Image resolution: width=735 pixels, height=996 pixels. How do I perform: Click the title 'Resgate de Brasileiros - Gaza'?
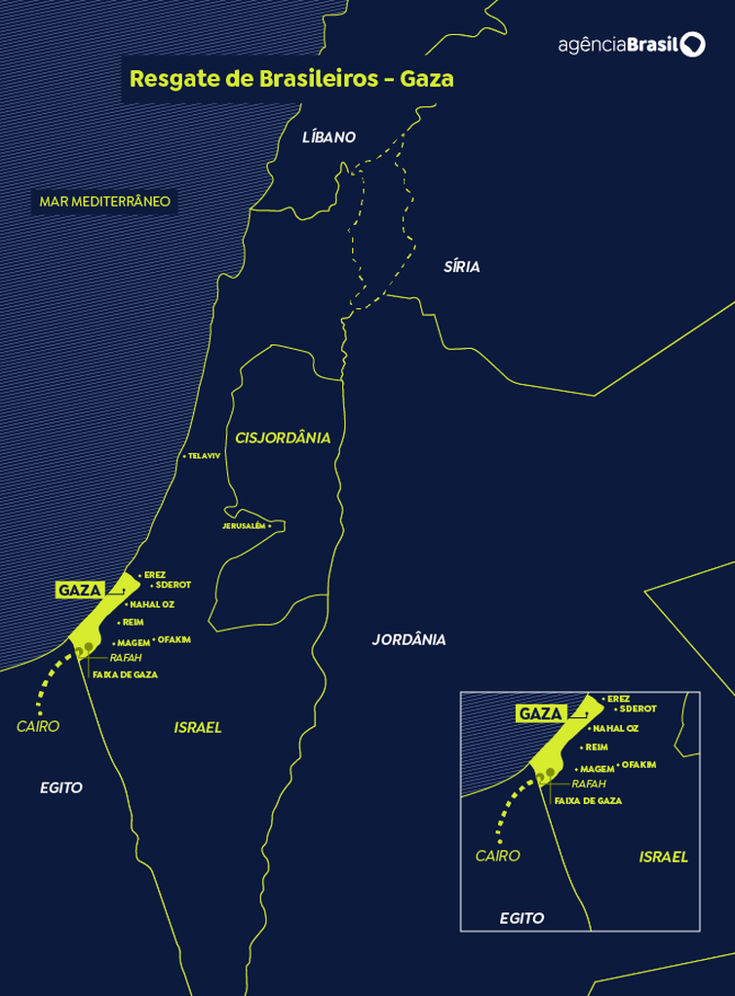click(291, 79)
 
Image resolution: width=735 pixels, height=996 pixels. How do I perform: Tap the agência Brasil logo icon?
click(692, 45)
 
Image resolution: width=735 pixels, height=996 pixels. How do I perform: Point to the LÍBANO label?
click(329, 137)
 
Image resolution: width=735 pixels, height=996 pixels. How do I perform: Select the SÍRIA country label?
click(461, 267)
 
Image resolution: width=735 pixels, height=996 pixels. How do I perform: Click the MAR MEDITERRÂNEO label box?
click(104, 202)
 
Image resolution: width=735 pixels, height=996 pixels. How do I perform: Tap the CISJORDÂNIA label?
click(283, 438)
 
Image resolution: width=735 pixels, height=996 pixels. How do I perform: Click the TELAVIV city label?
click(204, 456)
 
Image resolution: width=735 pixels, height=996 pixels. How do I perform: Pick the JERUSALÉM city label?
click(244, 525)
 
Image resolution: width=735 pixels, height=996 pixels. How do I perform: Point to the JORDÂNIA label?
click(408, 639)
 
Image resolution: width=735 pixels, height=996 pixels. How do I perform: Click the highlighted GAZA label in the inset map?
click(541, 713)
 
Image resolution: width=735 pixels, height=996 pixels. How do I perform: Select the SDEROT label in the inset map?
click(638, 709)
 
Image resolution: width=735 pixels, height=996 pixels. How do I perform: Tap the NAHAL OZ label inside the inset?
click(616, 728)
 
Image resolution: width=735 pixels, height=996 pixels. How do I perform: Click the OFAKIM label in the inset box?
click(638, 765)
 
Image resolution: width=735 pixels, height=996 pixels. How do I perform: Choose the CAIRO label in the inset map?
click(497, 856)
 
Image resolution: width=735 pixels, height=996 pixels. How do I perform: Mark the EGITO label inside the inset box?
click(522, 918)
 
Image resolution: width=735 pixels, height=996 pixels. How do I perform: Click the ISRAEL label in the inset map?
click(663, 857)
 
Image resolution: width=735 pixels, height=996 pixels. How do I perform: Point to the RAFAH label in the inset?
click(589, 784)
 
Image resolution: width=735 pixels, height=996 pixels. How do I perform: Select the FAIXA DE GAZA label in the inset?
click(588, 800)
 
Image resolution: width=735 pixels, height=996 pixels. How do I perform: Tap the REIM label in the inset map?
click(597, 747)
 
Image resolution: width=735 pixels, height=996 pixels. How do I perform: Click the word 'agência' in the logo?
click(592, 46)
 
